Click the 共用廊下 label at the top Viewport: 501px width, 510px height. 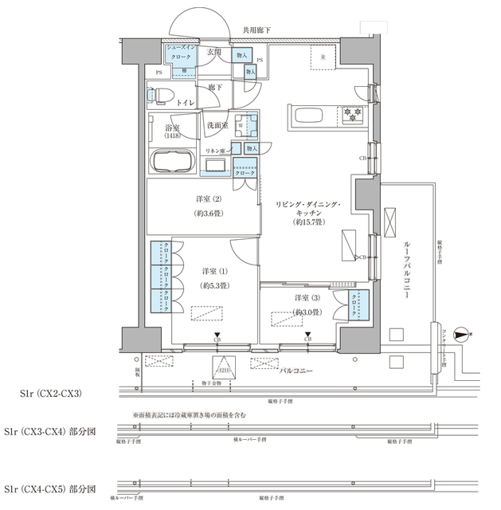click(256, 30)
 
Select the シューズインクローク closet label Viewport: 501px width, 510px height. click(178, 53)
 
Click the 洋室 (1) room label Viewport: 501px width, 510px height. click(215, 278)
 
